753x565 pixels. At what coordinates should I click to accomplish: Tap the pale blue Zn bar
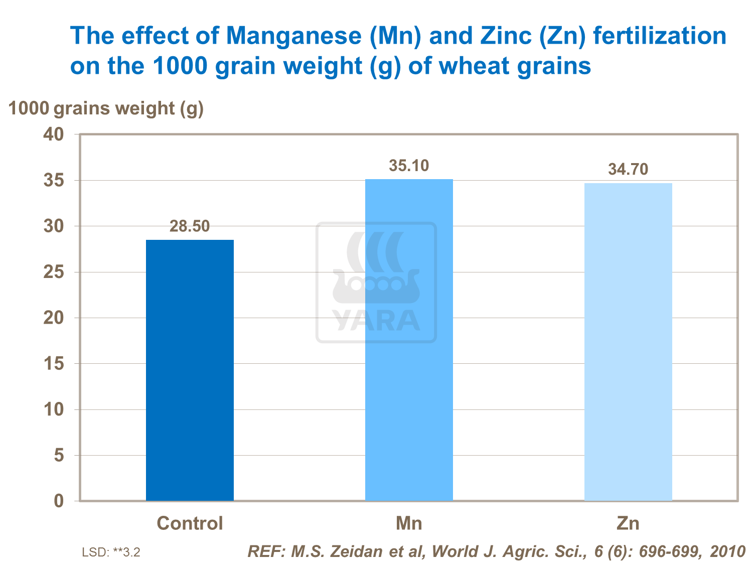[628, 341]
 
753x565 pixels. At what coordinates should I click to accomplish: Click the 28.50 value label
[190, 226]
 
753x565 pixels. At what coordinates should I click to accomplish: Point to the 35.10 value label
[409, 166]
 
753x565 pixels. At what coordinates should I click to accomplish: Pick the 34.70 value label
[628, 170]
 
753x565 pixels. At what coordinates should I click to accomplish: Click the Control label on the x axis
[190, 523]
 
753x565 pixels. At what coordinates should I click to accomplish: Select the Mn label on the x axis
[409, 523]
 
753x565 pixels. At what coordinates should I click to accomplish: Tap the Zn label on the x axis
[628, 523]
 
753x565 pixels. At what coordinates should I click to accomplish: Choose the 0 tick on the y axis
[59, 501]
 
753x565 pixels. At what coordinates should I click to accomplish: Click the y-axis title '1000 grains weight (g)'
[106, 108]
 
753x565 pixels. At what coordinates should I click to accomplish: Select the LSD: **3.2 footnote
[111, 552]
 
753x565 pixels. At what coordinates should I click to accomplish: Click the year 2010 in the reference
[728, 551]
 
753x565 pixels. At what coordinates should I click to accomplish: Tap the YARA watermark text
[376, 320]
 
